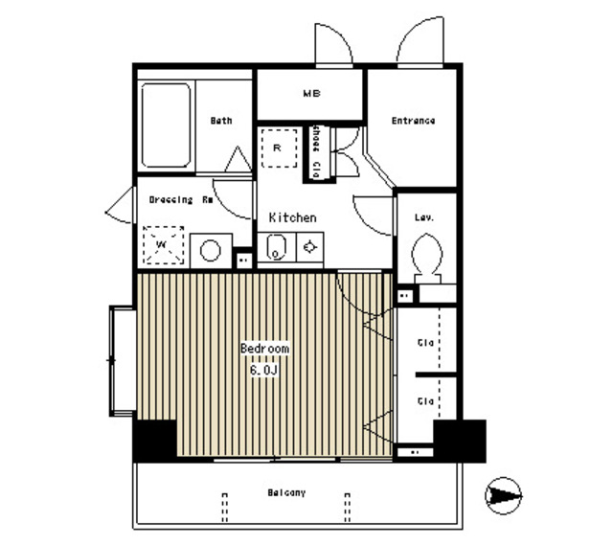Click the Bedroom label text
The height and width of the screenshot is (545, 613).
point(264,349)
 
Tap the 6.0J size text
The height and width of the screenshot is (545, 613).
point(264,369)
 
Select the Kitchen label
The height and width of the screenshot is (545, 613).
point(292,218)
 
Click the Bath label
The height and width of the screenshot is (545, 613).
point(221,121)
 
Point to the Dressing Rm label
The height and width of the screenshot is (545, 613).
point(180,200)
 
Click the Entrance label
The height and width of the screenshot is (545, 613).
point(414,121)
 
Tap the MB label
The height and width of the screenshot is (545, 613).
point(311,94)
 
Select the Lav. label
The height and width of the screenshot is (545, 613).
point(424,218)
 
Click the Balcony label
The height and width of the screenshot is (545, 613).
point(286,492)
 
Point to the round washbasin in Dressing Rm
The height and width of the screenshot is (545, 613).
point(210,251)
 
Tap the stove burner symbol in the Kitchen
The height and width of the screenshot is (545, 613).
point(310,248)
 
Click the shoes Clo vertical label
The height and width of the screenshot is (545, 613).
point(315,149)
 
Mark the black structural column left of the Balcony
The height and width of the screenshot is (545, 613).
point(153,441)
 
